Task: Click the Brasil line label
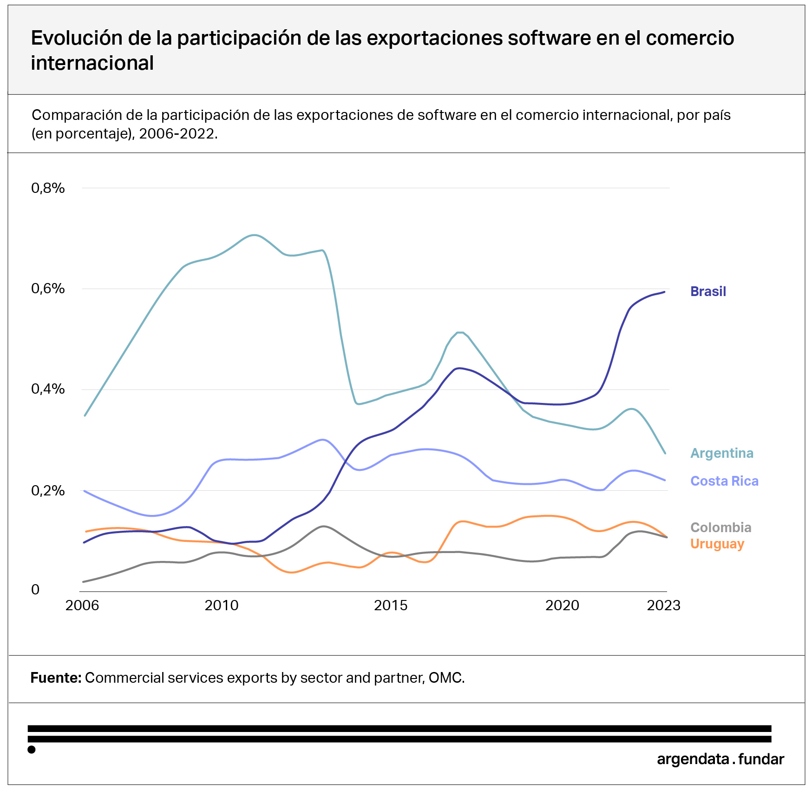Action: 708,291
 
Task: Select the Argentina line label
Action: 722,453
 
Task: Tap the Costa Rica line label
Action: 724,481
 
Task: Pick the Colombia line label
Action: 720,527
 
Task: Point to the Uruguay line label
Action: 717,544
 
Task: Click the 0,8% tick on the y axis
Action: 48,188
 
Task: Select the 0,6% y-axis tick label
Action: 48,289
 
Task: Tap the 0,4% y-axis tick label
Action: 48,389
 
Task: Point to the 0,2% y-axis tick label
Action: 48,490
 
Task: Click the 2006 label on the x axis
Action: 82,605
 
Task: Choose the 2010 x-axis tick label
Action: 222,605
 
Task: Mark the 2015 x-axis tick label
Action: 391,605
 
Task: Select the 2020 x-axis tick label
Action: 562,605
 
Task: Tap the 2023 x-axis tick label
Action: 663,605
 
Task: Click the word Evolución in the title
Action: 77,38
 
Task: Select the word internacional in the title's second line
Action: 92,63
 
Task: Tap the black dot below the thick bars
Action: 32,749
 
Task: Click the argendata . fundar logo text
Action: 720,759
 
